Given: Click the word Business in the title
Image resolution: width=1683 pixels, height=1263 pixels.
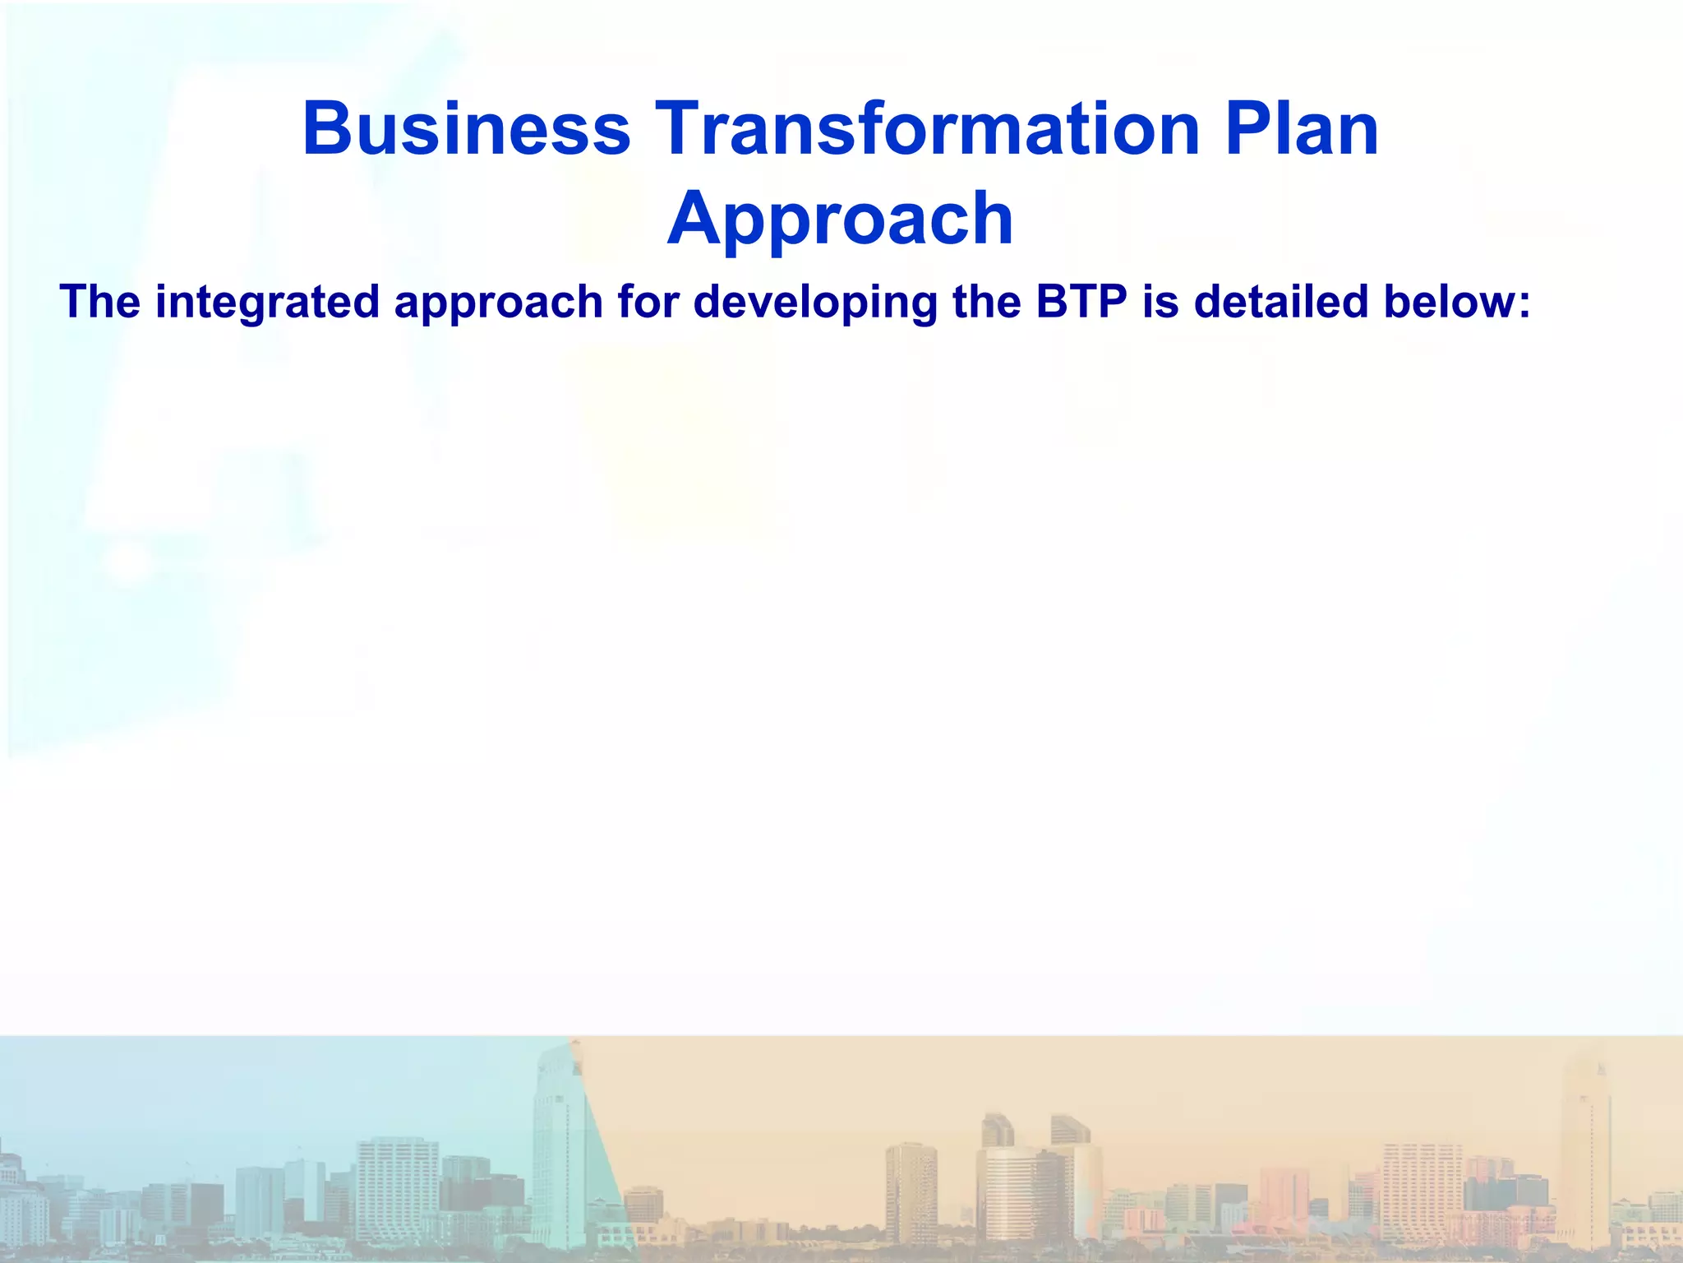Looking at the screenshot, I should tap(467, 130).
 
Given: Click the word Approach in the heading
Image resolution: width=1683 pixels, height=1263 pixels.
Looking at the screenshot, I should tap(840, 220).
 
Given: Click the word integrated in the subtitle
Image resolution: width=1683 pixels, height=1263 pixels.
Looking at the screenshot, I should tap(267, 302).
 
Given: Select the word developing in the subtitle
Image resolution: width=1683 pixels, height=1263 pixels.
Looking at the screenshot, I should tap(815, 302).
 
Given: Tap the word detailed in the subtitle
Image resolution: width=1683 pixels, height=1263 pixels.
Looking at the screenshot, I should tap(1281, 302).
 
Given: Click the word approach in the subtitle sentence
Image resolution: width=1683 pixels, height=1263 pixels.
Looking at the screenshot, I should tap(499, 302).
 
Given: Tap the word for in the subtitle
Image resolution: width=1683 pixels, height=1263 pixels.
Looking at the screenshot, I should tap(648, 302).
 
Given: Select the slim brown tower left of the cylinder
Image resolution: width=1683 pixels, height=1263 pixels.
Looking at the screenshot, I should tap(911, 1192).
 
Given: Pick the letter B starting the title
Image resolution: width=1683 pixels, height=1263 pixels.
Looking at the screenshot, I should tap(327, 130).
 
